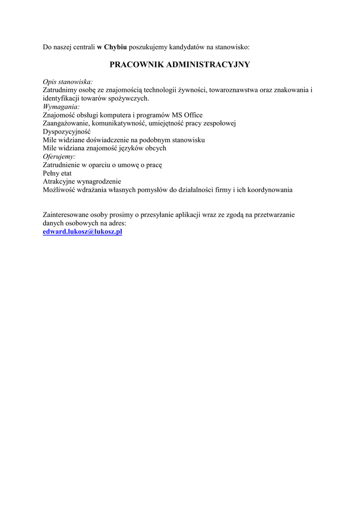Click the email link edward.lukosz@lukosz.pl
coord(82,232)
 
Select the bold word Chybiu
coord(115,47)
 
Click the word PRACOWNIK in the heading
coord(137,64)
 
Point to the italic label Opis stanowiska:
coord(68,81)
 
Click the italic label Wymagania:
coord(61,106)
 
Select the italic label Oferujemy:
coord(59,156)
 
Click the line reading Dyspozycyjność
coord(67,131)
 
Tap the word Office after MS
coord(194,115)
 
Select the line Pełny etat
coord(57,173)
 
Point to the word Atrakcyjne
coord(59,182)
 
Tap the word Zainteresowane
coord(67,215)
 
